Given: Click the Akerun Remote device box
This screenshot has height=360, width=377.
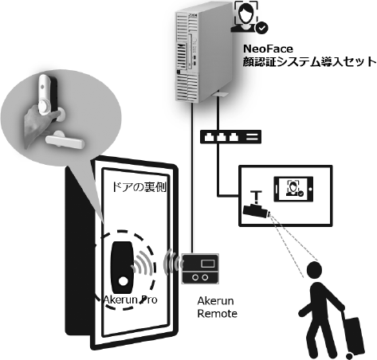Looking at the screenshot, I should pyautogui.click(x=199, y=267).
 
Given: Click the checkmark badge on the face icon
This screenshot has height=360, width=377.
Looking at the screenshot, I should pyautogui.click(x=261, y=28).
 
